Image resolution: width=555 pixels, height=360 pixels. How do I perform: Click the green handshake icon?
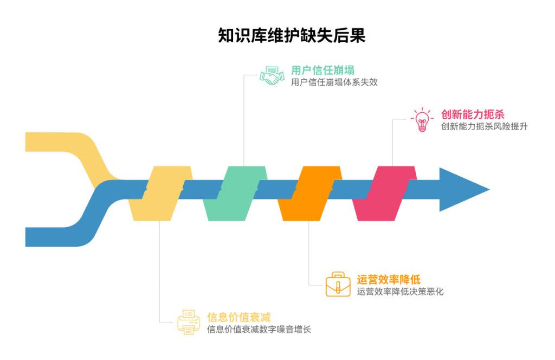point(272,75)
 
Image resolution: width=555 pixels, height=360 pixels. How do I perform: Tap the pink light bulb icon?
point(422,120)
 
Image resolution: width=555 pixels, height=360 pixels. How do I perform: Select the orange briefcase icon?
point(338,284)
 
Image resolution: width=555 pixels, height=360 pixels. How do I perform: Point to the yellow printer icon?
point(188,322)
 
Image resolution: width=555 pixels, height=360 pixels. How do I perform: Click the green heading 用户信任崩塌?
point(322,70)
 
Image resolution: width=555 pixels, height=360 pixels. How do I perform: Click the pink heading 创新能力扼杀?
point(473,114)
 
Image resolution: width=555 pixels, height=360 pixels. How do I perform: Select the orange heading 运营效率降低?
point(389,279)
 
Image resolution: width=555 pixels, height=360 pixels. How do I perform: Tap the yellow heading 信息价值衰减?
point(239,317)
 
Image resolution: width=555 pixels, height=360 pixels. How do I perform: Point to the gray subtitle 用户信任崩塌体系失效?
point(334,82)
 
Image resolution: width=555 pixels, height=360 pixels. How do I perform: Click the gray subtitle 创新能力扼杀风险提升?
point(484,126)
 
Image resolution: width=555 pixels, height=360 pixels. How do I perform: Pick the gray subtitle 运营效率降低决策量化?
point(400,292)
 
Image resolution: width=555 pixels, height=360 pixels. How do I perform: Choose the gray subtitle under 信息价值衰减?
point(259,329)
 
